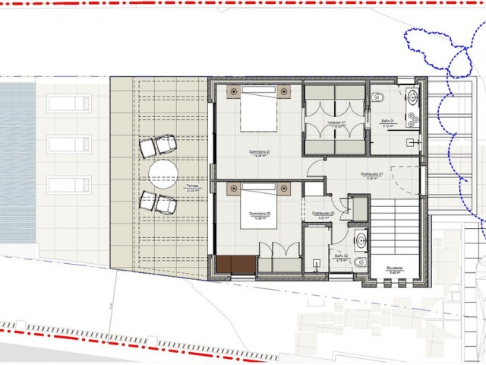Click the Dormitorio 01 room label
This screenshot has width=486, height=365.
click(260, 151)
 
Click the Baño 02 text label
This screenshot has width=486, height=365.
click(341, 257)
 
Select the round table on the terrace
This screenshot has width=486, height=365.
click(163, 173)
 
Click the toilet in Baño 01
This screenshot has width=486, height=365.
click(379, 97)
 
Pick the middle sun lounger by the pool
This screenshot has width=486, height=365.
click(70, 144)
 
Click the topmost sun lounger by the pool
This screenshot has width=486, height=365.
click(70, 103)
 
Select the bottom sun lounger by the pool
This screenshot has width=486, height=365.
click(70, 184)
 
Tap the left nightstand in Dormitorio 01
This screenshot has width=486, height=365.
click(232, 91)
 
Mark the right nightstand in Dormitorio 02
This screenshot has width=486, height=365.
click(284, 187)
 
